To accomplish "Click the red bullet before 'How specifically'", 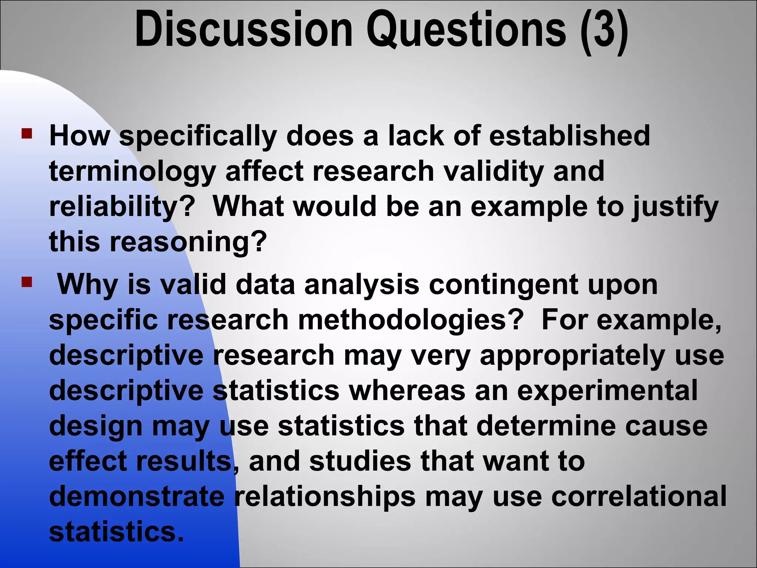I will (27, 133).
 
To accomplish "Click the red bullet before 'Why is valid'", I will (27, 283).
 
